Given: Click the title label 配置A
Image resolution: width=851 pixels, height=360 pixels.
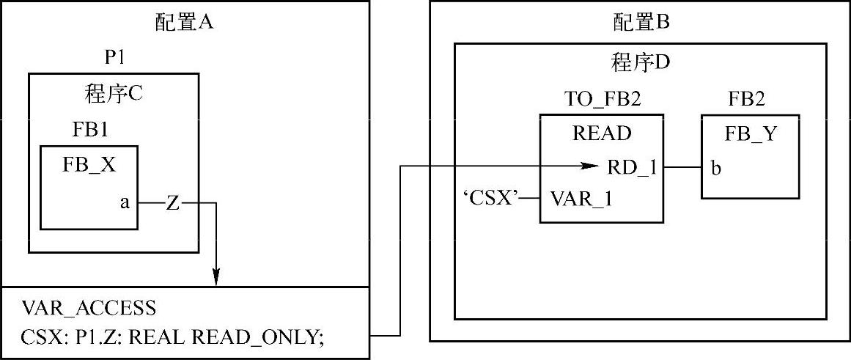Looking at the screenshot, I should click(x=184, y=22).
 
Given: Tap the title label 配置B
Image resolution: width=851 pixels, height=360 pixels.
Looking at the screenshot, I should click(x=641, y=22).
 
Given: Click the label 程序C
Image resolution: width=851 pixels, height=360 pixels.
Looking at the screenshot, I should click(x=114, y=93).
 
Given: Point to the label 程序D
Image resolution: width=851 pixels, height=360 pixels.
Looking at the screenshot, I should click(x=641, y=62).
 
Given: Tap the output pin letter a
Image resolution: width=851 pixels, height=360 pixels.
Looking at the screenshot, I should click(x=125, y=202).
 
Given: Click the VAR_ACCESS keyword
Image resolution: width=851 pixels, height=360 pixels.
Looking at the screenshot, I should click(x=89, y=306).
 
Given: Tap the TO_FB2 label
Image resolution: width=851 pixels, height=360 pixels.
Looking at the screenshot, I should click(x=603, y=99).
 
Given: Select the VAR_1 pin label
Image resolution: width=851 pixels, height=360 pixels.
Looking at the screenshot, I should click(x=581, y=198).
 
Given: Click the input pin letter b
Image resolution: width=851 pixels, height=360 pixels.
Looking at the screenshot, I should click(x=715, y=169).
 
